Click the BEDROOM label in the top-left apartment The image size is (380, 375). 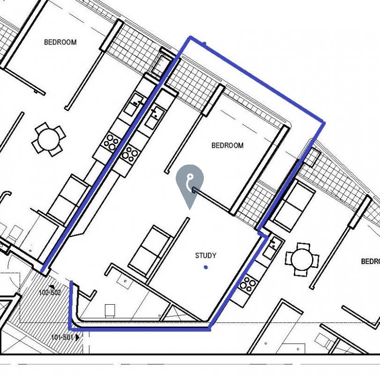pyautogui.click(x=60, y=42)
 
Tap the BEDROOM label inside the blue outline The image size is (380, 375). pyautogui.click(x=227, y=145)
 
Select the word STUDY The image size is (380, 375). pyautogui.click(x=206, y=255)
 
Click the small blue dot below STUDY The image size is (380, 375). pyautogui.click(x=206, y=267)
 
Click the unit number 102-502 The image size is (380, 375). pyautogui.click(x=50, y=292)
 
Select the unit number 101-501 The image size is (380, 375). pyautogui.click(x=62, y=337)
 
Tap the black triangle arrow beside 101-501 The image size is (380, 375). pyautogui.click(x=77, y=337)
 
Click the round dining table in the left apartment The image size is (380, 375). pyautogui.click(x=48, y=139)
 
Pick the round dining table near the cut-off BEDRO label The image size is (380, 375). pyautogui.click(x=302, y=259)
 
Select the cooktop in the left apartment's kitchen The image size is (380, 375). pyautogui.click(x=111, y=142)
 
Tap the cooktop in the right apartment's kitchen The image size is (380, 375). pyautogui.click(x=247, y=285)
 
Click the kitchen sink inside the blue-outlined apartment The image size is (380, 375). pyautogui.click(x=155, y=117)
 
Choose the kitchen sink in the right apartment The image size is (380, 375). pyautogui.click(x=272, y=246)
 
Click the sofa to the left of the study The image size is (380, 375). pyautogui.click(x=149, y=250)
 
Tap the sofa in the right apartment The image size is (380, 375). pyautogui.click(x=294, y=205)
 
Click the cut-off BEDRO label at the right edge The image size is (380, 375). pyautogui.click(x=371, y=261)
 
